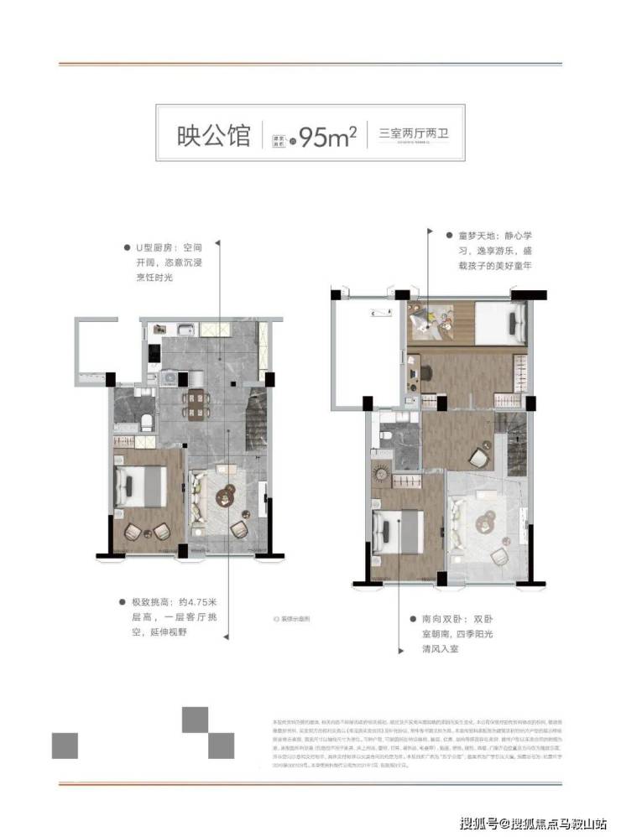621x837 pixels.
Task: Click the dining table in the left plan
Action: click(x=196, y=403)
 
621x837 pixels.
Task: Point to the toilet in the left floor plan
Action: click(x=146, y=421)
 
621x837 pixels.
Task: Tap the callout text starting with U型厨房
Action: click(x=169, y=263)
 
